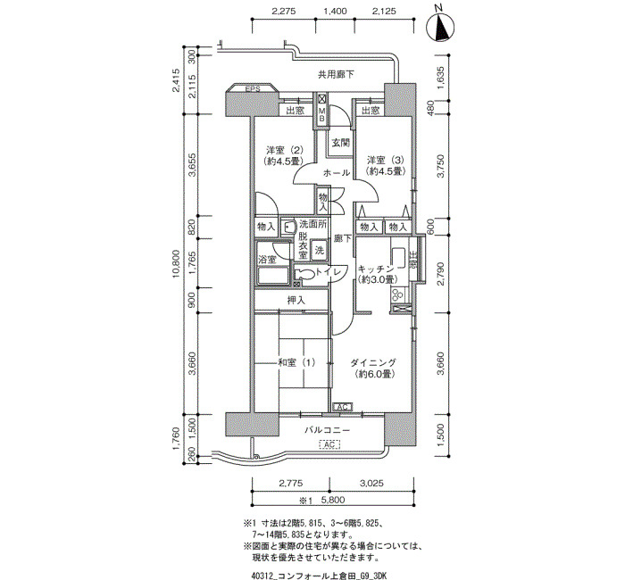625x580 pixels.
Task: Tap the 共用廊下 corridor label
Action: click(x=336, y=74)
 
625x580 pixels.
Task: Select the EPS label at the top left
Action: click(x=253, y=89)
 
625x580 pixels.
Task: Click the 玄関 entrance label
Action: click(x=341, y=142)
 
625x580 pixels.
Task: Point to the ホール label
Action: click(x=337, y=173)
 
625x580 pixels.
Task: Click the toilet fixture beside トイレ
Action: click(x=304, y=275)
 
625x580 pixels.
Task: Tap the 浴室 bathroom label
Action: click(x=267, y=260)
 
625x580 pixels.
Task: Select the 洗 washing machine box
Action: click(x=320, y=251)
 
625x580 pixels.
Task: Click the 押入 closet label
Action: click(x=296, y=301)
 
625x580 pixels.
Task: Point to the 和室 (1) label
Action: click(x=296, y=362)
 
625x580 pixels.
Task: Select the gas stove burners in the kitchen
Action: click(x=398, y=295)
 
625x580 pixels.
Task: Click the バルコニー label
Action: click(x=328, y=430)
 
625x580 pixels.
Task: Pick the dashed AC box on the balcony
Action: click(x=329, y=444)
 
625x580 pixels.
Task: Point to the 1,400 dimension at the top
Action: click(x=335, y=11)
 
